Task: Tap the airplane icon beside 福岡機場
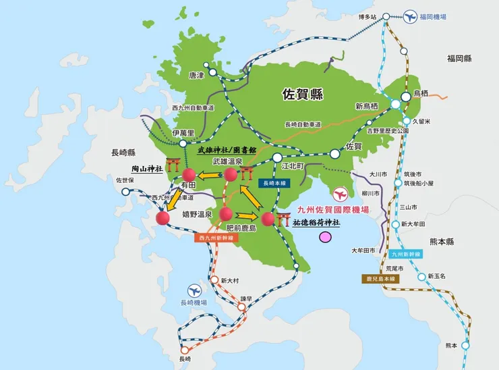coord(410,16)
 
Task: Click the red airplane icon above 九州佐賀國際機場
coord(343,194)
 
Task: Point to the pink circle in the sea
coord(326,237)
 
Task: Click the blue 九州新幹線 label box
coord(407,255)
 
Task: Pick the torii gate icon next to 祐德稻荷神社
coord(283,218)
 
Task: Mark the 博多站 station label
coord(368,16)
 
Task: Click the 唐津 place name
coord(196,75)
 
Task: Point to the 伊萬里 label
coord(183,134)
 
